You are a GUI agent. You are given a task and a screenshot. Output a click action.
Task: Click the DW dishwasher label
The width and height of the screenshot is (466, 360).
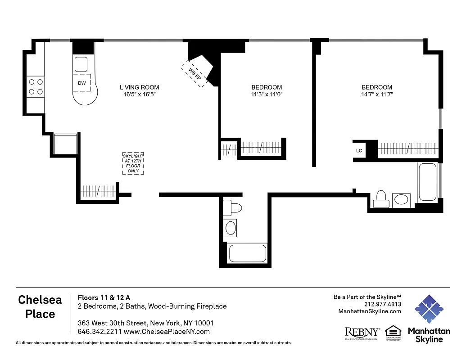(x=81, y=83)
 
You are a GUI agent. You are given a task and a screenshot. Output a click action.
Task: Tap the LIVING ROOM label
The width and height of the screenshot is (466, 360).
(x=139, y=87)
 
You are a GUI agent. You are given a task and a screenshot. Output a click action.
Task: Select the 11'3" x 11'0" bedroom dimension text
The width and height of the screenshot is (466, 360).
(x=267, y=94)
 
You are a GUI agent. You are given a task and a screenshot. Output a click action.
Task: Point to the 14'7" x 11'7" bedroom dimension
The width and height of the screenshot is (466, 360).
(x=377, y=94)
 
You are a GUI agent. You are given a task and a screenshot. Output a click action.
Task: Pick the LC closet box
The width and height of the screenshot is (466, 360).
(x=359, y=150)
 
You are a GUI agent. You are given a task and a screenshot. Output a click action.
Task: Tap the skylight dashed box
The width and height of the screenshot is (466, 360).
(x=133, y=163)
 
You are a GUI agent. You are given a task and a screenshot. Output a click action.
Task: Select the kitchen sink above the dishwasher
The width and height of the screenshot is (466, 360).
(x=81, y=65)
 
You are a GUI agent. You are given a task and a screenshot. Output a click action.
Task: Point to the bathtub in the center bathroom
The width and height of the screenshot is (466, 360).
(x=248, y=253)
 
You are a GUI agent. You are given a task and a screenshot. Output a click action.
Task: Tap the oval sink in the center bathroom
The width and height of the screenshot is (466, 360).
(x=231, y=228)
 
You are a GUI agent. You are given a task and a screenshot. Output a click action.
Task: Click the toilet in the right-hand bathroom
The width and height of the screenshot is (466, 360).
(x=381, y=198)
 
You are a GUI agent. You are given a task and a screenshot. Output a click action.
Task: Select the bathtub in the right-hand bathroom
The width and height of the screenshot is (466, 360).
(x=427, y=182)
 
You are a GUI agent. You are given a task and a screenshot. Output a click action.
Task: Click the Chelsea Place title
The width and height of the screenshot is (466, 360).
(x=40, y=307)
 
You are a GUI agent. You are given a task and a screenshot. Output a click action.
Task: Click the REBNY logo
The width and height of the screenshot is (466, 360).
(x=362, y=333)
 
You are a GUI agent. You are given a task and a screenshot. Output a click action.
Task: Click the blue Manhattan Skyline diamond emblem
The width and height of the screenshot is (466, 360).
(x=429, y=309)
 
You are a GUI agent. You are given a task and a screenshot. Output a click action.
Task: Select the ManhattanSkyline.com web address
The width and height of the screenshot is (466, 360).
(x=369, y=311)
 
